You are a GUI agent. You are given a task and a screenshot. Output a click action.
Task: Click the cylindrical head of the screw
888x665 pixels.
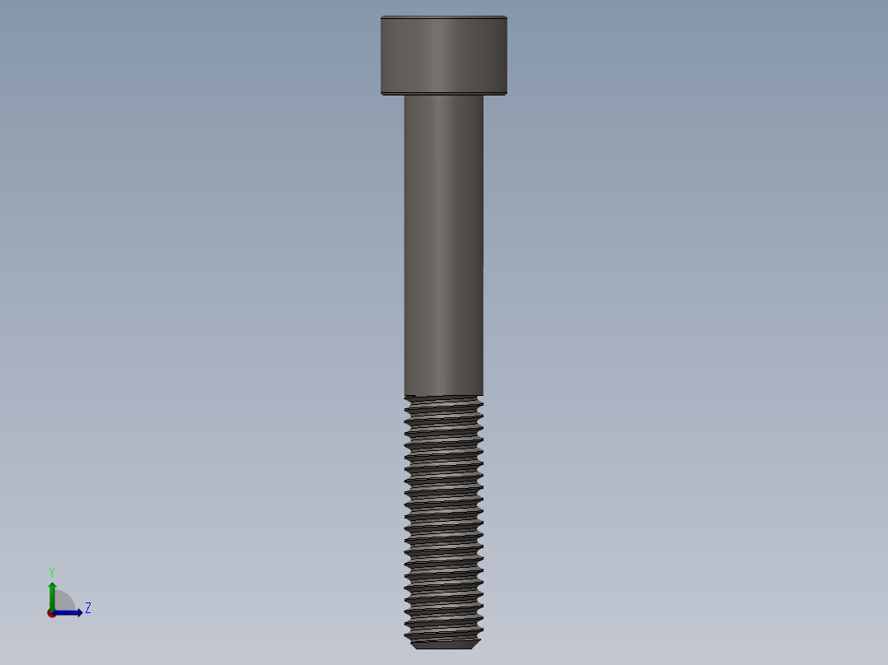click(x=443, y=55)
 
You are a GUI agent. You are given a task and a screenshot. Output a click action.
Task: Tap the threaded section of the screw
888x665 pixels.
click(x=443, y=519)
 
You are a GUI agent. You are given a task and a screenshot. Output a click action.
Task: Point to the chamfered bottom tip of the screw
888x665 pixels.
click(x=443, y=644)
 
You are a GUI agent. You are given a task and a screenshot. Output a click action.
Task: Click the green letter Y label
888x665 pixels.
click(x=51, y=572)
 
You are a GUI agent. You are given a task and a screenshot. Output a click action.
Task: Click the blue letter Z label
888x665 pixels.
click(x=88, y=608)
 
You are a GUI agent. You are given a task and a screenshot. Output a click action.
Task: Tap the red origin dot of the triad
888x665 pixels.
click(x=52, y=613)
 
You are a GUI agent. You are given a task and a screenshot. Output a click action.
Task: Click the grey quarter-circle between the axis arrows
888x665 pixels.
click(x=63, y=602)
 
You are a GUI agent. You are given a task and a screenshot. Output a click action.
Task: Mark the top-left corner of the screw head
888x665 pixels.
click(x=382, y=17)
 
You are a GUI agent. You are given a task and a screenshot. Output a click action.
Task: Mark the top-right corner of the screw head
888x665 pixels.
click(x=506, y=17)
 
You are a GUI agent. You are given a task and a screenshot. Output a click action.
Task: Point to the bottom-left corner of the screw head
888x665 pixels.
click(x=382, y=93)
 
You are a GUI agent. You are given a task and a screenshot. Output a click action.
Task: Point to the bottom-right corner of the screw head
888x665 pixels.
click(x=506, y=93)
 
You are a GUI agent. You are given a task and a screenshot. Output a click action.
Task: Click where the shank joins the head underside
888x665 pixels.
click(x=443, y=95)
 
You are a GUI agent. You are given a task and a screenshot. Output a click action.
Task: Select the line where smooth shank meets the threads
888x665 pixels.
click(x=443, y=396)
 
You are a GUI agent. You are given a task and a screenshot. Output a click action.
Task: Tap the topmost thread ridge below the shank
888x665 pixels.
click(x=443, y=403)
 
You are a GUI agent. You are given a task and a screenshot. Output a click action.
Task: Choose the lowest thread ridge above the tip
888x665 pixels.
click(x=443, y=635)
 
